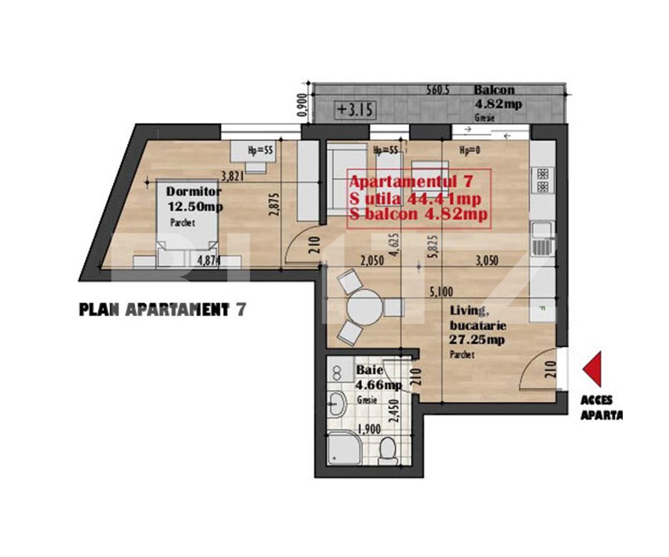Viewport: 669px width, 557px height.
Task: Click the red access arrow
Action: click(x=593, y=369)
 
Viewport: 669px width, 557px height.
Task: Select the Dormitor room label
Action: click(x=194, y=192)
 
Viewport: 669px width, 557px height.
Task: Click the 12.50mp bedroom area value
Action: click(x=196, y=207)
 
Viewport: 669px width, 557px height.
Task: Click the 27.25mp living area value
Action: click(x=477, y=340)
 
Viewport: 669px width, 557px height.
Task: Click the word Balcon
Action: click(x=494, y=90)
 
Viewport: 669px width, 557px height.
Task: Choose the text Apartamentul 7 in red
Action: click(x=411, y=182)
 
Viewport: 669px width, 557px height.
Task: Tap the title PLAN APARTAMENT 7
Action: click(x=162, y=310)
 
